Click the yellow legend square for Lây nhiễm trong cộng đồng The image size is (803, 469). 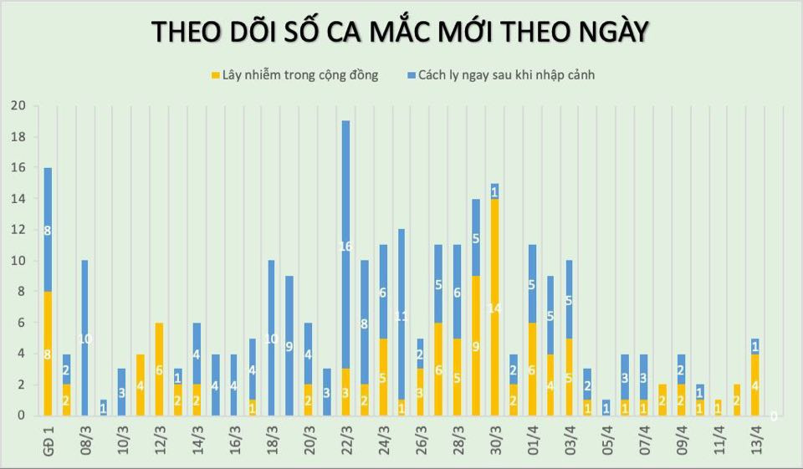pos(216,75)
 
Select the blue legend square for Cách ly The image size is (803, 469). pos(413,75)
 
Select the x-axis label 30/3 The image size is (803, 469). pos(494,439)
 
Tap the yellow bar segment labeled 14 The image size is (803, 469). pos(494,308)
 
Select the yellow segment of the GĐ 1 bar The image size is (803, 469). pos(48,354)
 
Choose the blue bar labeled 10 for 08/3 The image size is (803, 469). pos(84,338)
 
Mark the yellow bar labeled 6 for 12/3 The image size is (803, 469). pos(159,370)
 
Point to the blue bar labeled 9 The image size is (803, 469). pos(289,346)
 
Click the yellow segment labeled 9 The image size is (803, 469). pos(476,346)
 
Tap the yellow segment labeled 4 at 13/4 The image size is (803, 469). pos(755,385)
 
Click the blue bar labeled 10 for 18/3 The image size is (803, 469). pos(271,338)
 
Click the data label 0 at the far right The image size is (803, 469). pos(774,415)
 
